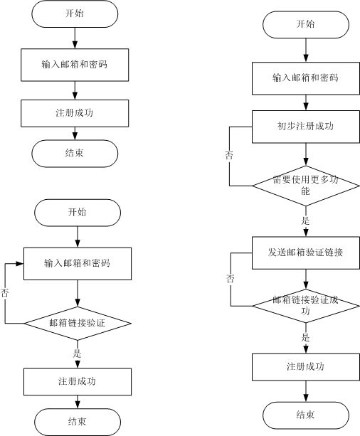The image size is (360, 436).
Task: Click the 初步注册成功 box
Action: coord(306,127)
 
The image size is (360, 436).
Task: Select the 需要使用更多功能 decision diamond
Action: coord(306,186)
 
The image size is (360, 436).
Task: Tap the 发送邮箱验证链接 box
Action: coord(306,252)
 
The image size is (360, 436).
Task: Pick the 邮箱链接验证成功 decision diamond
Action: coord(306,306)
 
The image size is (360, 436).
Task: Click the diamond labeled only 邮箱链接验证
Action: coord(78,324)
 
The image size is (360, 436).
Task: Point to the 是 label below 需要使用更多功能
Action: coord(305,221)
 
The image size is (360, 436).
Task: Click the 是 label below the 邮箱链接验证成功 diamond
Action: coord(305,338)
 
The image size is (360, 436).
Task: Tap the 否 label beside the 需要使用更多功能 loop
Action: coord(229,155)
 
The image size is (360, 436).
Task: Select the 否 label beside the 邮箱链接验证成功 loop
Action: coord(231,278)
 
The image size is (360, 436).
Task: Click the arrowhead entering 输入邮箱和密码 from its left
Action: coord(20,264)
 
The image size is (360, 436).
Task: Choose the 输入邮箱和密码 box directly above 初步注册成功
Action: coord(306,78)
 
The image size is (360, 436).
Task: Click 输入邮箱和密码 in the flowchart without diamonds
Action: coord(75,65)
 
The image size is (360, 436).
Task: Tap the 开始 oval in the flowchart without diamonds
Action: coord(75,14)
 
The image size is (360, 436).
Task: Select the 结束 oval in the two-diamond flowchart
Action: coord(306,415)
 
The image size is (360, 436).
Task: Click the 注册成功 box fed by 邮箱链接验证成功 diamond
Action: coord(306,367)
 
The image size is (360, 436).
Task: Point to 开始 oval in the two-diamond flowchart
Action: coord(306,25)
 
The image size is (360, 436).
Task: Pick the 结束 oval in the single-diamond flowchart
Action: coord(78,422)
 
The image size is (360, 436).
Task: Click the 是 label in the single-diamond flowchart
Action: coord(77,353)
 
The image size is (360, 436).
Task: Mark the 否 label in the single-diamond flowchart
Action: coord(4,293)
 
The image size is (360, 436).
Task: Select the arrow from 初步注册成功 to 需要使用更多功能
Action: coord(306,154)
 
